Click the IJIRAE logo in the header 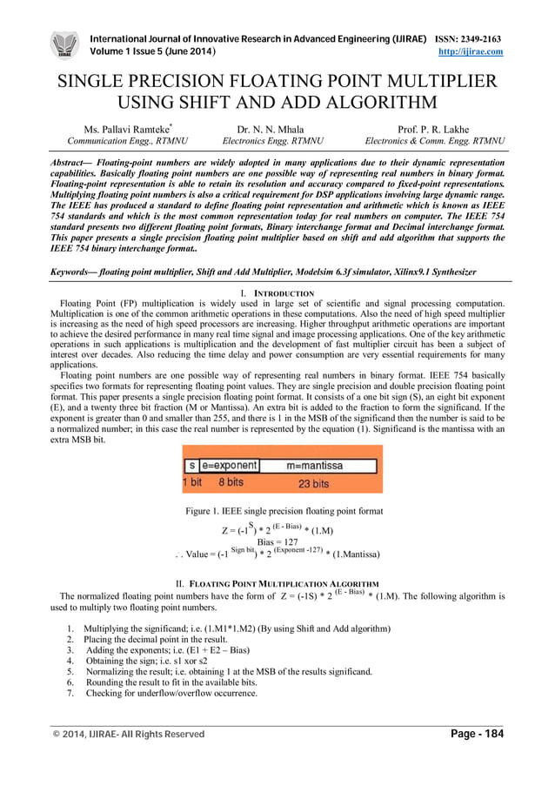coord(64,45)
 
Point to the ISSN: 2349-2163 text coord(468,39)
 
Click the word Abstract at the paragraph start coord(72,163)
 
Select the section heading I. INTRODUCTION coord(277,293)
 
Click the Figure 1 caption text coord(278,511)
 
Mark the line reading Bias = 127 coord(277,541)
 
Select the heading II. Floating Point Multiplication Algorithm coord(277,582)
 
